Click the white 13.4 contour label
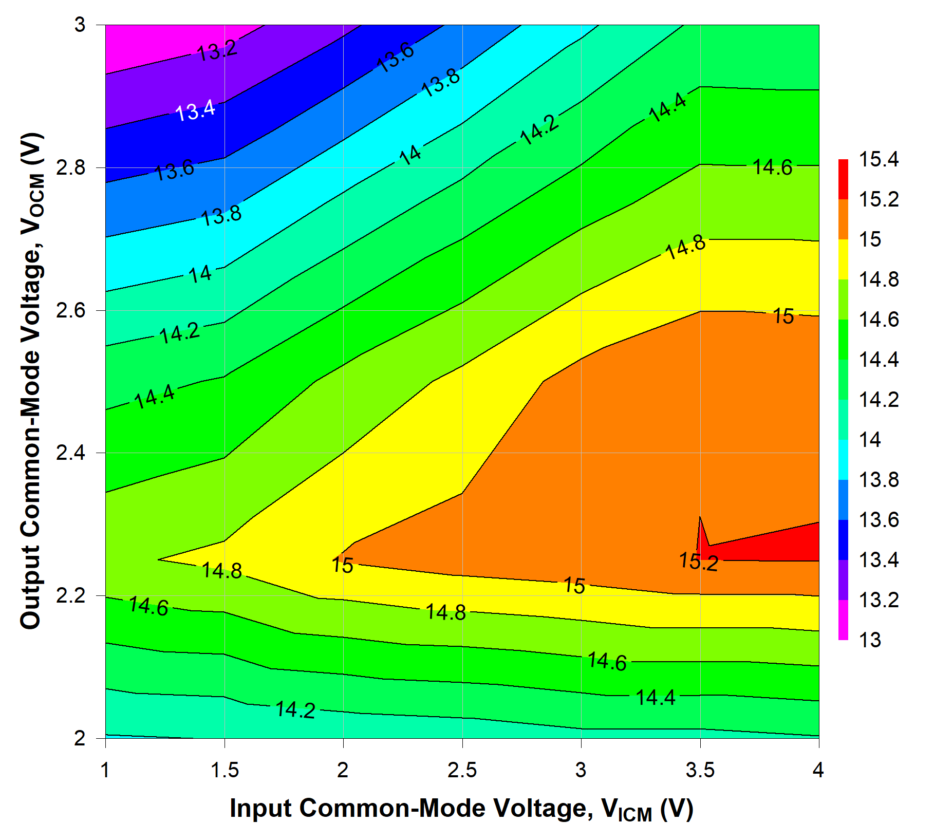tap(195, 110)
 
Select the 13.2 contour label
tap(217, 50)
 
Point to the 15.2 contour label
tap(698, 561)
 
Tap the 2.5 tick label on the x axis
tap(462, 770)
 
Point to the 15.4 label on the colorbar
tap(879, 159)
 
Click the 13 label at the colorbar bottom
tap(870, 640)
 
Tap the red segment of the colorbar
tap(843, 179)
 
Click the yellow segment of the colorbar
tap(843, 259)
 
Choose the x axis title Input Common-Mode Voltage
tap(461, 809)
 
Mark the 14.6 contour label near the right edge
tap(772, 167)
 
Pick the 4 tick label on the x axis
tap(818, 770)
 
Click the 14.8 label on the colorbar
tap(879, 279)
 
